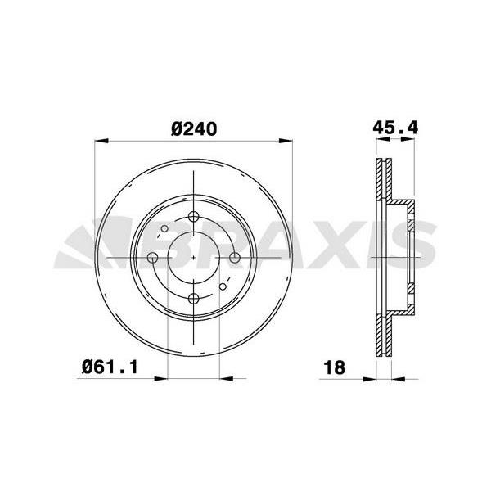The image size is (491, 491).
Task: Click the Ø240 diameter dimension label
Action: click(x=194, y=129)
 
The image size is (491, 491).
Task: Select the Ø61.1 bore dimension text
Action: click(x=110, y=367)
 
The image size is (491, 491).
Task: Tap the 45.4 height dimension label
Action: click(x=395, y=128)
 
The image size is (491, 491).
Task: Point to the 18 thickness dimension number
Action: click(x=335, y=367)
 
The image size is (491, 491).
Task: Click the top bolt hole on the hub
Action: click(x=193, y=216)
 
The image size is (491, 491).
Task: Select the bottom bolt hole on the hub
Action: click(x=193, y=299)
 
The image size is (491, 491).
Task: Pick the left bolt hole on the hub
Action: click(x=152, y=258)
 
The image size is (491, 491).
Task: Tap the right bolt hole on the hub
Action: click(x=235, y=258)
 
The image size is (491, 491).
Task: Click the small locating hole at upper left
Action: click(x=164, y=228)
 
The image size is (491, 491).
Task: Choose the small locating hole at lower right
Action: click(x=223, y=286)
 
